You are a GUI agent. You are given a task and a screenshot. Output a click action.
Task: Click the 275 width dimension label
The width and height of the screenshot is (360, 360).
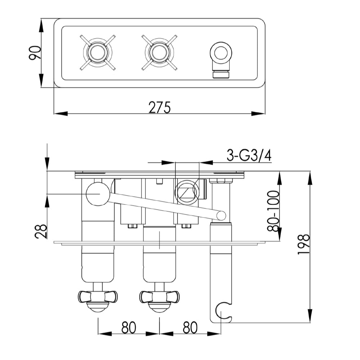coord(159,107)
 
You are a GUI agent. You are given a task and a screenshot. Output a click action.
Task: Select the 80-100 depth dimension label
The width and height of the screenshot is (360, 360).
coord(273,211)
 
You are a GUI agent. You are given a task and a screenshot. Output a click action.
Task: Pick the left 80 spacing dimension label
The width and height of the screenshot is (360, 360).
coord(129,328)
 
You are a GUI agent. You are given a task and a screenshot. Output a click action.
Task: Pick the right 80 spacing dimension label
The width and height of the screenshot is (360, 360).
coord(190,328)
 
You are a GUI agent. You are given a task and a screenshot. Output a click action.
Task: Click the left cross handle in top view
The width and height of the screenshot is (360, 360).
coord(97,53)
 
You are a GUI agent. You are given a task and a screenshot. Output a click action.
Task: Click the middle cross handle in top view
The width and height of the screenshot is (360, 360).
coord(159,53)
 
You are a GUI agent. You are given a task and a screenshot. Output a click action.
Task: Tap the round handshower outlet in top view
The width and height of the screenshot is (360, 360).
coord(221,53)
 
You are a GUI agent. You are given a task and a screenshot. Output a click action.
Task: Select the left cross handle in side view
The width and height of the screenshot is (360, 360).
coord(98,297)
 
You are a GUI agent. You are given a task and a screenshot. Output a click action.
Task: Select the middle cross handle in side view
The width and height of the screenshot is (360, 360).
coord(159,297)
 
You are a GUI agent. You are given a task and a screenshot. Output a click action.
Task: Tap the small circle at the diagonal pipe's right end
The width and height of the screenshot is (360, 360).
coord(221,216)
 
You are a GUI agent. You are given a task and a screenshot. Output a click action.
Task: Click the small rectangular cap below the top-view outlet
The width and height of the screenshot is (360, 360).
coord(221,75)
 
